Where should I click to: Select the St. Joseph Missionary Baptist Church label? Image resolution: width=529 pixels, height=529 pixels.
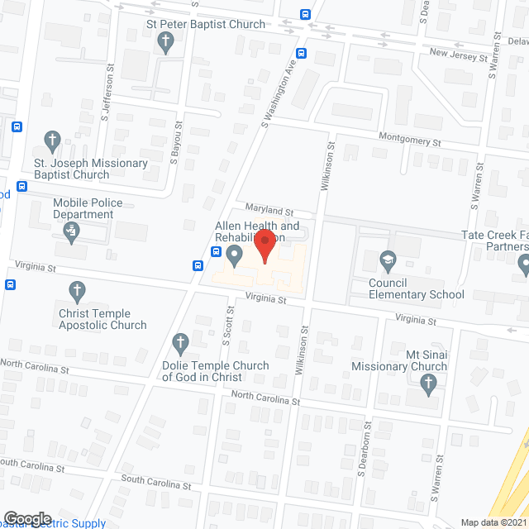click(x=90, y=169)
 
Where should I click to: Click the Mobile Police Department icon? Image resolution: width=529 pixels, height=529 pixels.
click(x=71, y=235)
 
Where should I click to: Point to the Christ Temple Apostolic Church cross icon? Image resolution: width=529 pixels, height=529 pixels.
click(x=77, y=290)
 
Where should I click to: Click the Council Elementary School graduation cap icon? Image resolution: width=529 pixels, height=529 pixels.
click(x=386, y=263)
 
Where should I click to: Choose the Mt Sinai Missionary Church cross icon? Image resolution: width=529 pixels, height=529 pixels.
click(x=427, y=383)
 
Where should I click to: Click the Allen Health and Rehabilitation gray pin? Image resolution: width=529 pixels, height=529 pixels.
click(x=234, y=255)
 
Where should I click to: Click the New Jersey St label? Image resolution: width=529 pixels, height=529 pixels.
click(x=459, y=55)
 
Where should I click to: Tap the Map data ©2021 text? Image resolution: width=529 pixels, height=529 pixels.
click(x=493, y=522)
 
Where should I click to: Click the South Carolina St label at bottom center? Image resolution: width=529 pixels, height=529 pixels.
click(x=156, y=479)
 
